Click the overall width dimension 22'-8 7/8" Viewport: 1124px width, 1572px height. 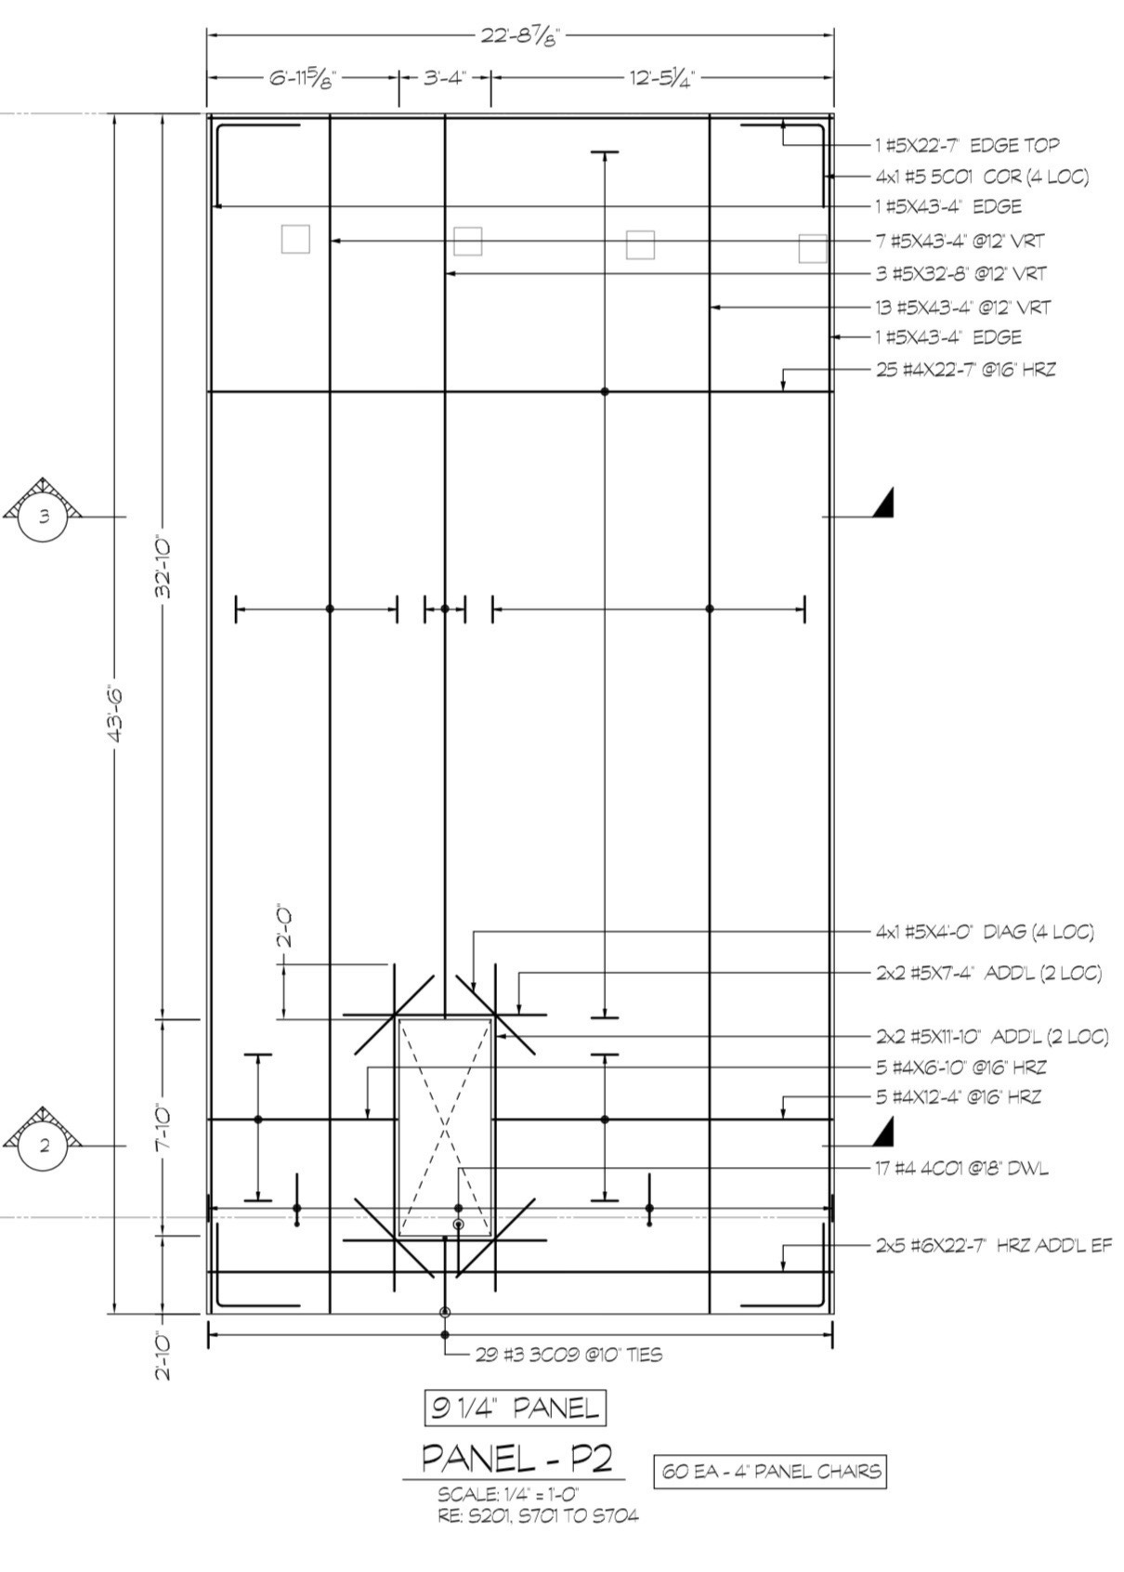tap(520, 36)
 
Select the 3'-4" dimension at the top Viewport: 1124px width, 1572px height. tap(445, 77)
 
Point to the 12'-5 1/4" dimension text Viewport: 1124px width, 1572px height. tap(661, 78)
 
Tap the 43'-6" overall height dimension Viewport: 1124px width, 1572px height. tap(116, 714)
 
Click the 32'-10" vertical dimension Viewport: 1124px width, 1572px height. tap(164, 569)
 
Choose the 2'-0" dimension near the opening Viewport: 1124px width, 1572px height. tap(284, 927)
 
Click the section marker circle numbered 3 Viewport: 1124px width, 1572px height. tap(45, 517)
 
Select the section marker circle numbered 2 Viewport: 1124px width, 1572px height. tap(45, 1146)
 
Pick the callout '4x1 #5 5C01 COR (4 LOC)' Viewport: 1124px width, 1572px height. tap(982, 177)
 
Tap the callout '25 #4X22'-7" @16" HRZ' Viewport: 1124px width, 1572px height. tap(965, 369)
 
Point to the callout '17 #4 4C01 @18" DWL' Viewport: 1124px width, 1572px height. tap(962, 1169)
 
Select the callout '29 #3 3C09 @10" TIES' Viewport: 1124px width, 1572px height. tap(569, 1354)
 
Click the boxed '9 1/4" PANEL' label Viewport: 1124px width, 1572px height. tap(516, 1408)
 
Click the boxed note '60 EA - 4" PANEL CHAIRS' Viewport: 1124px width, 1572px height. tap(770, 1470)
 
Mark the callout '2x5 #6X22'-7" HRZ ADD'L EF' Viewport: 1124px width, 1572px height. tap(994, 1246)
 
